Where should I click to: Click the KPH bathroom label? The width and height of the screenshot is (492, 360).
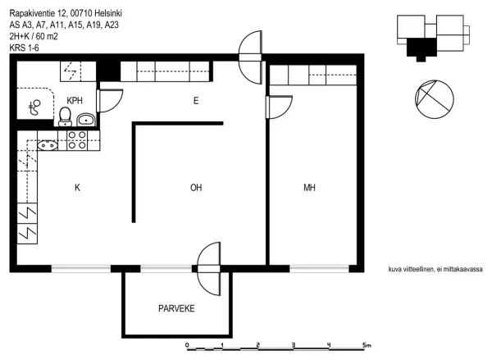pos(75,100)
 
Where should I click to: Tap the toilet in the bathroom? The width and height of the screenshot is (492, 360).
pos(65,116)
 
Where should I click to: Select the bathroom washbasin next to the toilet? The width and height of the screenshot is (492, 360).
pos(86,120)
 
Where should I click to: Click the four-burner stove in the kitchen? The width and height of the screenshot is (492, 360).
pos(77,140)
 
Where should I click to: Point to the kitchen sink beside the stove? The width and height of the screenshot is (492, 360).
pos(48,145)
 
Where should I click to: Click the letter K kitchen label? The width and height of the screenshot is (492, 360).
pos(77,188)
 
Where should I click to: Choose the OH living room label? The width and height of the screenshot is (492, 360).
pos(196,188)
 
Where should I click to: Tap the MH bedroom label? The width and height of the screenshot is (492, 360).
pos(309,188)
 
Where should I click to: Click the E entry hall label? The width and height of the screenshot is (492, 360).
pos(196,101)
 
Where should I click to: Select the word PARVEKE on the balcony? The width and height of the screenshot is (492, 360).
pos(176,308)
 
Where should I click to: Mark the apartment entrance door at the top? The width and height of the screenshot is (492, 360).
pos(250,57)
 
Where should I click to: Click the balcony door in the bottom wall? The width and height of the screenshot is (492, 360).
pos(208,269)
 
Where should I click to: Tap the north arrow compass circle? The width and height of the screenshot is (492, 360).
pos(435,99)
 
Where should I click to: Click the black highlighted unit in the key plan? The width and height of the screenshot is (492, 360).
pos(421,48)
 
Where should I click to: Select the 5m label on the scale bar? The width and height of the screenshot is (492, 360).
pos(367,345)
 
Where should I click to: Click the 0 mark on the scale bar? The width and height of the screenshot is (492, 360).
pos(187,345)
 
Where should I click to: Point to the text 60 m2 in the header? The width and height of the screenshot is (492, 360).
pos(47,36)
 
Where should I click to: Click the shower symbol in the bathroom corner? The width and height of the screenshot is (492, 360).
pos(34,107)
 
